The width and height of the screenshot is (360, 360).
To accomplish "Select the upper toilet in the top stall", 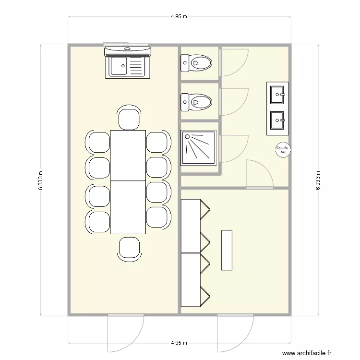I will pyautogui.click(x=196, y=62).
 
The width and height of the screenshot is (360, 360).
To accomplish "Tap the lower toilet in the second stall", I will pyautogui.click(x=196, y=102).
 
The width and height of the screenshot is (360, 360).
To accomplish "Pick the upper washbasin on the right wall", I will pyautogui.click(x=278, y=95).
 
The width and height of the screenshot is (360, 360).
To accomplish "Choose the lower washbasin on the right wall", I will pyautogui.click(x=278, y=120).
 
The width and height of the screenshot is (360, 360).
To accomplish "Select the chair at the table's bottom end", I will pyautogui.click(x=129, y=248).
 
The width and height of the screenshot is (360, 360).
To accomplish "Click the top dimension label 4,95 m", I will pyautogui.click(x=179, y=16).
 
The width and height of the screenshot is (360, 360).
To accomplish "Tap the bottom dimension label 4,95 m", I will pyautogui.click(x=179, y=343).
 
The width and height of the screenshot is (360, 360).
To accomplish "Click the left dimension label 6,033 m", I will pyautogui.click(x=40, y=180).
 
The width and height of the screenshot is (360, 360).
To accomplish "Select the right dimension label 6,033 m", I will pyautogui.click(x=317, y=180).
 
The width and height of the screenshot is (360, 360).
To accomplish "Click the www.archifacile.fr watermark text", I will pyautogui.click(x=307, y=353).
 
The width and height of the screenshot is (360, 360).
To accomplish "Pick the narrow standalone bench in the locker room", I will pyautogui.click(x=227, y=250).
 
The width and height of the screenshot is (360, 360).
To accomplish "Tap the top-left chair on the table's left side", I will pyautogui.click(x=99, y=143).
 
